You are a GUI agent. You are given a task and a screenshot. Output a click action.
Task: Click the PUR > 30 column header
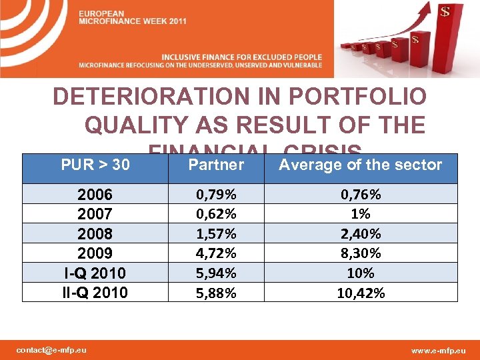[95, 164]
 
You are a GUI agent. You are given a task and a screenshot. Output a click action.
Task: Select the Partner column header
[216, 164]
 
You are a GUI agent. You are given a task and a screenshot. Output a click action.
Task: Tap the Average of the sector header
[360, 164]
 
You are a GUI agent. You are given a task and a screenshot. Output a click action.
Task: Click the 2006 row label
[95, 195]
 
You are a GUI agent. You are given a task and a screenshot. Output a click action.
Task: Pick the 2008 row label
[95, 234]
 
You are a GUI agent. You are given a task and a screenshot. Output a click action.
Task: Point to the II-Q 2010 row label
[95, 292]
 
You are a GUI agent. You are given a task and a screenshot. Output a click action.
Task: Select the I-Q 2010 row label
[95, 273]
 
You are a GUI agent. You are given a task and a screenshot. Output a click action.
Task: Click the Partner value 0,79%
[216, 195]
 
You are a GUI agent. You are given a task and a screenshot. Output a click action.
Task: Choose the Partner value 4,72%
[216, 253]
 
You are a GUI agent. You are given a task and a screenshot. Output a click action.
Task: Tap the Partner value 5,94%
[216, 273]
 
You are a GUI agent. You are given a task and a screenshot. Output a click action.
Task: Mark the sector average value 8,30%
[361, 253]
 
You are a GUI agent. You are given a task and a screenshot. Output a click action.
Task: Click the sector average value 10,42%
[361, 292]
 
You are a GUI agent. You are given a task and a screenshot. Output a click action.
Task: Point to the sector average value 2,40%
[361, 234]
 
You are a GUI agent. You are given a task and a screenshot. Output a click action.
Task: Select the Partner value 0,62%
[216, 214]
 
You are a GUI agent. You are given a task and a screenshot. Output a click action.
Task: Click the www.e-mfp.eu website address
[439, 349]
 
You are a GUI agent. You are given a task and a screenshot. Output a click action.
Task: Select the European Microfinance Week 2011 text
[133, 18]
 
